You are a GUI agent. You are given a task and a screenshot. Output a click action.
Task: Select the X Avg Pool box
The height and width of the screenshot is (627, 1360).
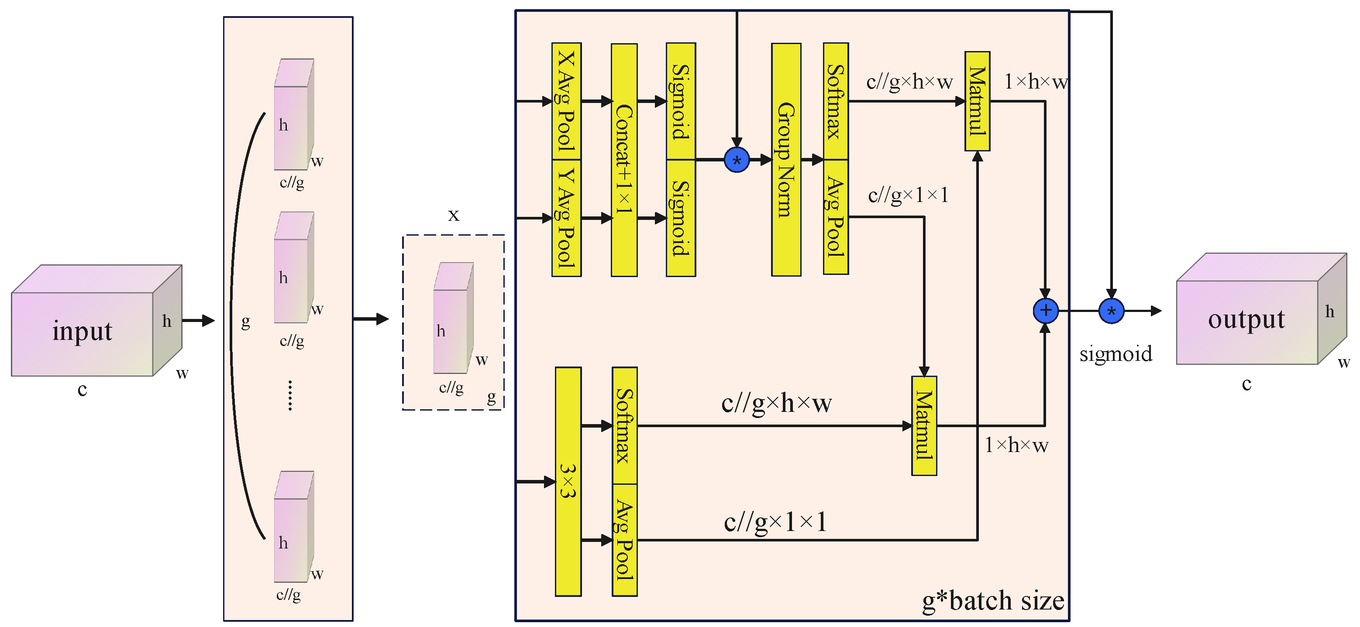[566, 101]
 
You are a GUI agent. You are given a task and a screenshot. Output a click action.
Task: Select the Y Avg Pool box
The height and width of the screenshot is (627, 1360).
[566, 217]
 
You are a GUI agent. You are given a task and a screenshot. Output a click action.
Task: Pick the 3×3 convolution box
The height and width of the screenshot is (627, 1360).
[568, 481]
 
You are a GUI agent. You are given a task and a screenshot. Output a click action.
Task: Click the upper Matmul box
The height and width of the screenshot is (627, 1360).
[977, 101]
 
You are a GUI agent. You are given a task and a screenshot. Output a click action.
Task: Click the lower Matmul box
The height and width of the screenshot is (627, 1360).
[924, 425]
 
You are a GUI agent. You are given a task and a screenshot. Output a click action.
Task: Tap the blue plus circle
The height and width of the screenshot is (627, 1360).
[1045, 311]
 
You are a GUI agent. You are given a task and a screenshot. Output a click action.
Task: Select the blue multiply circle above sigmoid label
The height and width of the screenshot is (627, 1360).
[1111, 311]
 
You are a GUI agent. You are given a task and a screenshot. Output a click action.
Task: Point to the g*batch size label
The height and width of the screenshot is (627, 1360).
[992, 601]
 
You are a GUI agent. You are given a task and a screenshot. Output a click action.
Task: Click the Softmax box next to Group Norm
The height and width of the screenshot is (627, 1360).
[835, 101]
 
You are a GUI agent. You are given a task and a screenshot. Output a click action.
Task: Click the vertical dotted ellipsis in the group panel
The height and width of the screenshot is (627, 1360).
[290, 395]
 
